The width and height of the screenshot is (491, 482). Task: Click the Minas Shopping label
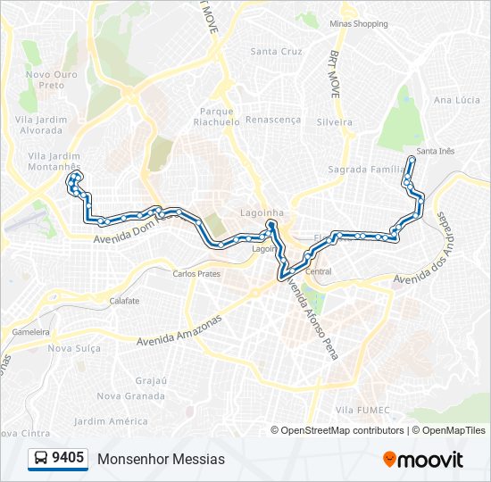pyautogui.click(x=358, y=24)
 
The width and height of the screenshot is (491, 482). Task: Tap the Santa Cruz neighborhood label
pyautogui.click(x=277, y=52)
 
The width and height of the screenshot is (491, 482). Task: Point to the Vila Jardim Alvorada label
pyautogui.click(x=43, y=124)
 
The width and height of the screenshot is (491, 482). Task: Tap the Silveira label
pyautogui.click(x=334, y=120)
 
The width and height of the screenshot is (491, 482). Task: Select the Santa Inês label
pyautogui.click(x=435, y=151)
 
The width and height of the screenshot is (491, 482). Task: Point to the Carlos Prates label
pyautogui.click(x=196, y=274)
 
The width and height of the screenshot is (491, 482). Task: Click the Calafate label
pyautogui.click(x=124, y=301)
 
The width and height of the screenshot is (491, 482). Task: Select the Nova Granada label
pyautogui.click(x=130, y=395)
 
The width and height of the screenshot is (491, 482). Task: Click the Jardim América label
pyautogui.click(x=111, y=421)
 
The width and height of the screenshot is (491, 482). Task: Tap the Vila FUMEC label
pyautogui.click(x=360, y=409)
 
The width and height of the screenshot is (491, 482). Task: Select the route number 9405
pyautogui.click(x=69, y=459)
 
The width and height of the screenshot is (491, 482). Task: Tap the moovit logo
pyautogui.click(x=423, y=460)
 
